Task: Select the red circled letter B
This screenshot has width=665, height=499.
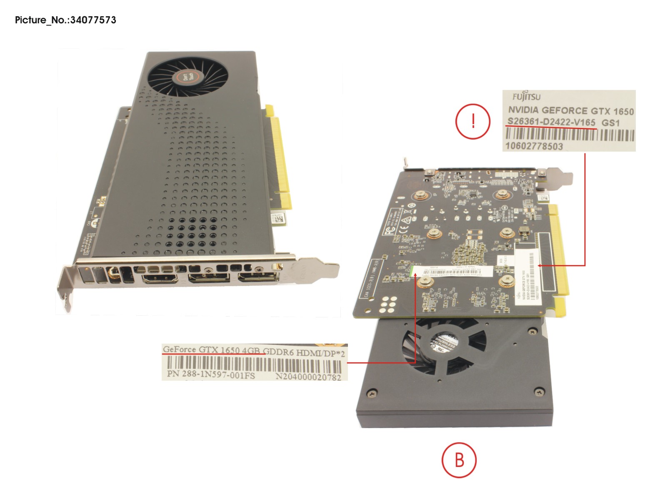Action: pos(459,460)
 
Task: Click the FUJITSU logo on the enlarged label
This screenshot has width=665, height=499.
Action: pos(526,97)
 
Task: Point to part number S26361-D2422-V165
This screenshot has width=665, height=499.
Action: pos(551,122)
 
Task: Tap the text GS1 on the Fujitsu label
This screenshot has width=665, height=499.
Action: pos(610,123)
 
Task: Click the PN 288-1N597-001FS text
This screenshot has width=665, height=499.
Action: pos(211,374)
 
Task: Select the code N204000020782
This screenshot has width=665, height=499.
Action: pos(308,377)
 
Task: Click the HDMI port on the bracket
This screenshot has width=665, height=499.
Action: pos(160,278)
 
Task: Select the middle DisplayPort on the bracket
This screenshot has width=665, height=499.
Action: pos(209,277)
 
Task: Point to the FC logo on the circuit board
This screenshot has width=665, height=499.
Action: pos(389,231)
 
